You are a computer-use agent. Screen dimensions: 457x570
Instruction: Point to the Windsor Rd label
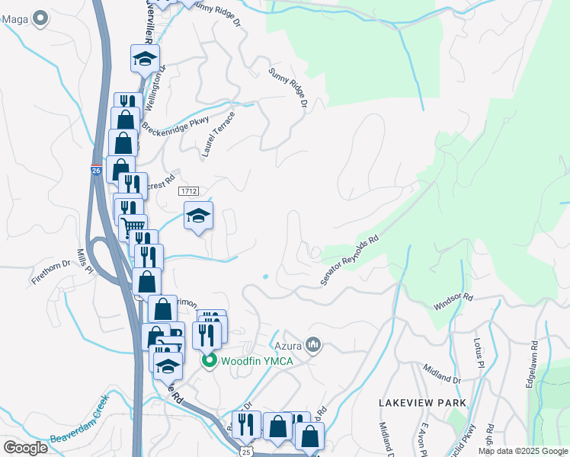[453, 302]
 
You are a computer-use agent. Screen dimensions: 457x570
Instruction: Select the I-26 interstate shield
[96, 169]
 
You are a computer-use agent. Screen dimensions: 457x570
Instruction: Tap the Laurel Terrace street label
[219, 134]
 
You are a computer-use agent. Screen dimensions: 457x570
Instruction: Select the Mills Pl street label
[85, 260]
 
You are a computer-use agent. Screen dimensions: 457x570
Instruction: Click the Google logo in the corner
[25, 448]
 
